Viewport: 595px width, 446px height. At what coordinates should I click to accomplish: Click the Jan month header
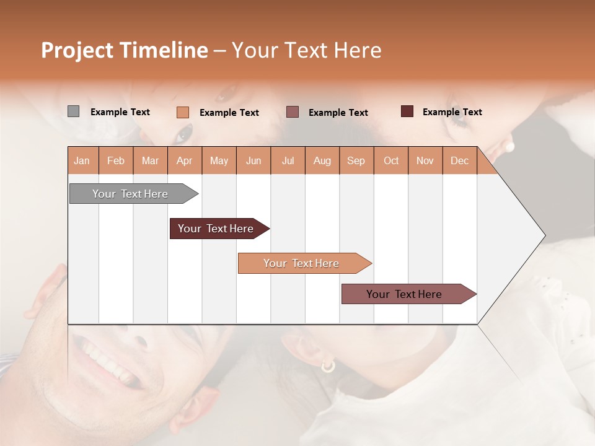click(82, 160)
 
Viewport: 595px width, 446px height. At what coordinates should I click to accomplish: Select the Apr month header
click(185, 160)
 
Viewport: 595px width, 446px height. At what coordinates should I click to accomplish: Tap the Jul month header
click(288, 160)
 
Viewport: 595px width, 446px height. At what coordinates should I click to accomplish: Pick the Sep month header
click(356, 160)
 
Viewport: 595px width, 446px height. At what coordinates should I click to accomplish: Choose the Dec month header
click(459, 160)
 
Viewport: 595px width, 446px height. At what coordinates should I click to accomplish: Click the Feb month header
click(116, 160)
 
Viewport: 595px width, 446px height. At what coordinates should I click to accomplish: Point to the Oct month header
click(391, 160)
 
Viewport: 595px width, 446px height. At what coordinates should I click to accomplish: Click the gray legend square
click(73, 111)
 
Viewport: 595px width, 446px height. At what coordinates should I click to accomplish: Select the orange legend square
click(182, 112)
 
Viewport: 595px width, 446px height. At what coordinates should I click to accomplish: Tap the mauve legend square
click(293, 112)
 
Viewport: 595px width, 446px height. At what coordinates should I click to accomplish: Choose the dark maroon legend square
click(407, 111)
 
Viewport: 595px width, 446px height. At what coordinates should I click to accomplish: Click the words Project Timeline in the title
click(124, 50)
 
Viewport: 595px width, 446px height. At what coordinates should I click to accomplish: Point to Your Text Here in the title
click(306, 50)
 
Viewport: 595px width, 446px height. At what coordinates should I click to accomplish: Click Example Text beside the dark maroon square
click(452, 112)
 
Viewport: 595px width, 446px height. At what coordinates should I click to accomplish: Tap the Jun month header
click(253, 160)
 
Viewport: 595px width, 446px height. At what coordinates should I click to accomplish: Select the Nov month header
click(425, 160)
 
